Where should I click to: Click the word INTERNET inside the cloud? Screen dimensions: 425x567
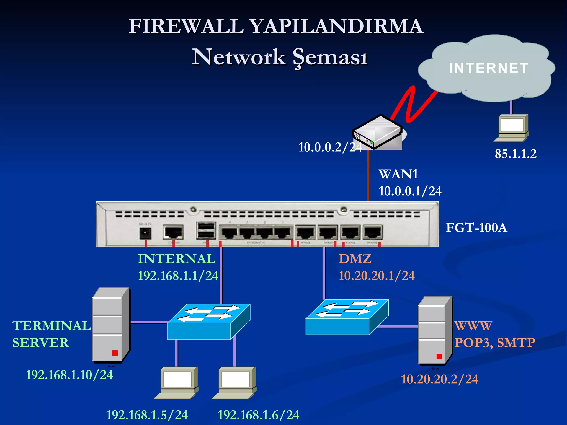(x=489, y=68)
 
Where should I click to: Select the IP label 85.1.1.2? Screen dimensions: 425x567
(x=516, y=154)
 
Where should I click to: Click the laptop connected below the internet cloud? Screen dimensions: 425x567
(x=512, y=128)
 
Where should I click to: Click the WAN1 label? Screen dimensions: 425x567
(x=398, y=174)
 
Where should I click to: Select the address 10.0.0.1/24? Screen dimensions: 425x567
(x=410, y=191)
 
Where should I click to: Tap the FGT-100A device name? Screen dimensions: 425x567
(x=476, y=228)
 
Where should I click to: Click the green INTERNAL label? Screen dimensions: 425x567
(x=176, y=259)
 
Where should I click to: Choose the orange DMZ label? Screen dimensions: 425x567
(x=355, y=259)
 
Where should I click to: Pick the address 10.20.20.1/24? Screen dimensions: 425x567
(x=377, y=276)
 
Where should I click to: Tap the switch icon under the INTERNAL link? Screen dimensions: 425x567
(x=208, y=322)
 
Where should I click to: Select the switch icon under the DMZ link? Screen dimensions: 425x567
(x=347, y=317)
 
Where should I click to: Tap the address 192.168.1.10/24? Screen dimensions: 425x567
(x=69, y=375)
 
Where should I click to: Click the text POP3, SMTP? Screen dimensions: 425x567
(x=495, y=343)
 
